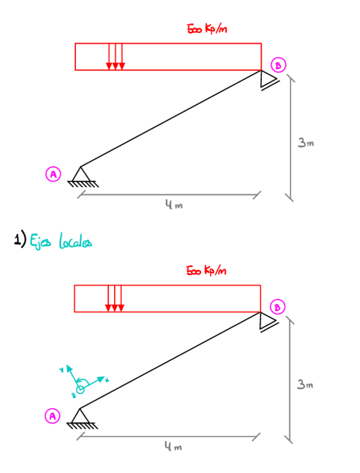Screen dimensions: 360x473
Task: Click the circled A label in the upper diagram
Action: tap(53, 174)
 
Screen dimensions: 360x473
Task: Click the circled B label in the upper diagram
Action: tap(277, 65)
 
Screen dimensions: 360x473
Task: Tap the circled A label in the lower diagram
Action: tap(52, 416)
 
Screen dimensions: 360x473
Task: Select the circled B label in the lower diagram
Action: tap(277, 306)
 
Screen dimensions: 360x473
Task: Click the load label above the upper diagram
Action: tap(207, 29)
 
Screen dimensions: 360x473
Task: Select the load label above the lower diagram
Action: tap(207, 271)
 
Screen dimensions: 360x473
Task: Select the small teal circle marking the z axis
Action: tap(80, 388)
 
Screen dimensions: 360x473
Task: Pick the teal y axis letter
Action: tap(62, 369)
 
